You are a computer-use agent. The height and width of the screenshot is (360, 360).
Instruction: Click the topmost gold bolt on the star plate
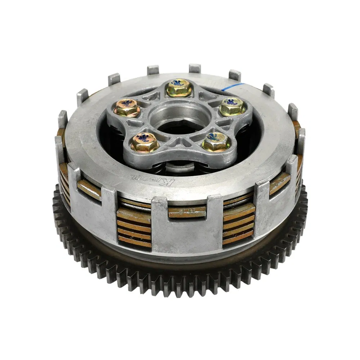[x=179, y=88]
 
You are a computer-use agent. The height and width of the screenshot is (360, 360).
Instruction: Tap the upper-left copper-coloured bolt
[x=127, y=108]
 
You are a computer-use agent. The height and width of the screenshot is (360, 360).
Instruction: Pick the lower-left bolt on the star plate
[x=144, y=143]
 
